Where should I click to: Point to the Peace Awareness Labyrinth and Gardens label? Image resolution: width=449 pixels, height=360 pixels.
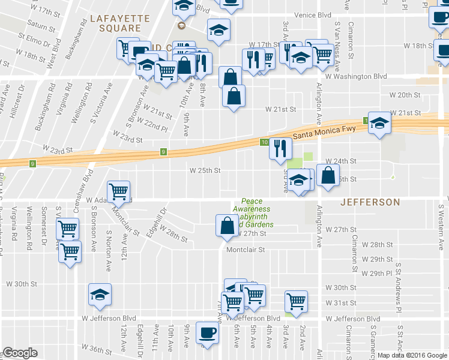256,213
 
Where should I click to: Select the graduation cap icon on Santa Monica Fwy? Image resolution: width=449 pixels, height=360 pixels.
379,124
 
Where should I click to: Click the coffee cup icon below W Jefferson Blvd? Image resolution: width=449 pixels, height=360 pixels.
208,332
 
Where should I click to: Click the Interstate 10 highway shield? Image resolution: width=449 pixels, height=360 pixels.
265,142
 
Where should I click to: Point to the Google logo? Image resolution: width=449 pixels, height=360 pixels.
20,353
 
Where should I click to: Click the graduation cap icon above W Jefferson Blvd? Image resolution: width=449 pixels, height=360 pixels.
100,294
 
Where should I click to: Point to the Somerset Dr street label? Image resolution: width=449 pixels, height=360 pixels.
44,222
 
